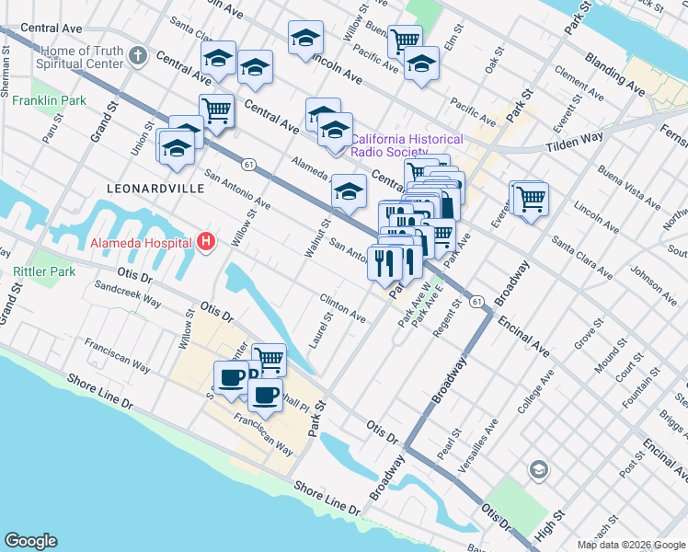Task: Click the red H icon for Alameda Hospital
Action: (206, 243)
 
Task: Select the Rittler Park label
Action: (44, 271)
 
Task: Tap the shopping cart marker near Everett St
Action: (529, 198)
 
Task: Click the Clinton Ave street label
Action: (342, 308)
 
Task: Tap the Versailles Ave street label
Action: (478, 442)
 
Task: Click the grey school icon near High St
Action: (537, 471)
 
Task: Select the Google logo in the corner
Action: (31, 541)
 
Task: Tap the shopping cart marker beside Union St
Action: (216, 111)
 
